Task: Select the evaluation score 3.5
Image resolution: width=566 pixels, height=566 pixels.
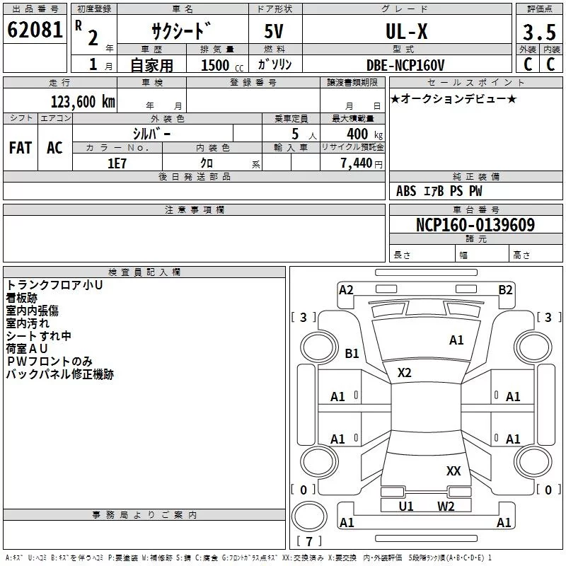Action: coord(539,33)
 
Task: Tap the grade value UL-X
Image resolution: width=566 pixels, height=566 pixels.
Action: coord(405,31)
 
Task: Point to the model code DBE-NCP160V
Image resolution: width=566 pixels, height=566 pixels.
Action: coord(406,64)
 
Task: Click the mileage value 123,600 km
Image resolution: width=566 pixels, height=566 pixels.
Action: coord(83,101)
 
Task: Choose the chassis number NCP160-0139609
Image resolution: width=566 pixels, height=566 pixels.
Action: coord(475,225)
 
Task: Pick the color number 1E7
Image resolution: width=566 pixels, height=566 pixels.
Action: coord(117,163)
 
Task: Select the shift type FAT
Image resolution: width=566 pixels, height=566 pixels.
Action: coord(20,148)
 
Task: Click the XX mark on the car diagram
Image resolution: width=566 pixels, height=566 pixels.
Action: coord(454,470)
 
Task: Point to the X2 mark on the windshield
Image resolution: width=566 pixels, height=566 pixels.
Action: coord(404,373)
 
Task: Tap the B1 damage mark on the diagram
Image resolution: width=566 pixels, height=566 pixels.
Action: coord(352,353)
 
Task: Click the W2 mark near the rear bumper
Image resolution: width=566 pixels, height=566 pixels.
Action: coord(446,506)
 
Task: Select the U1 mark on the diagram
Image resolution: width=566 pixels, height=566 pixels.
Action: coord(406,506)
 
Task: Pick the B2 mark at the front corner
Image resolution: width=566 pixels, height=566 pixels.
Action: coord(505,289)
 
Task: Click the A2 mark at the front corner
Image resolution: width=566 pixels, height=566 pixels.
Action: coord(346,289)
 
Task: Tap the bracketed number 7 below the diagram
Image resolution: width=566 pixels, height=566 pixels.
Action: coord(308,542)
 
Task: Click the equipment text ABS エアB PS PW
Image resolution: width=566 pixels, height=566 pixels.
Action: coord(439,191)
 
